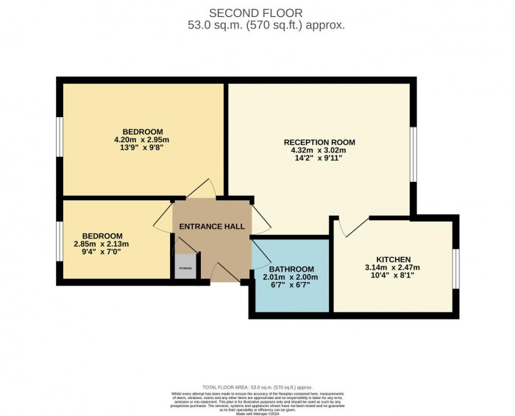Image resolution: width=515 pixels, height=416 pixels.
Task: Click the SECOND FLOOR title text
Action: point(257,13)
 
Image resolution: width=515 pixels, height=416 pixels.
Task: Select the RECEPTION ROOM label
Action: point(319,142)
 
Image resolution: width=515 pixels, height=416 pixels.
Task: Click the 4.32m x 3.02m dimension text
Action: point(319,151)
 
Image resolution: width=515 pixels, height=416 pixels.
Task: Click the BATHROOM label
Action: point(291,269)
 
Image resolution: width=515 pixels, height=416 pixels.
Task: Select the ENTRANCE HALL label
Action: point(212,226)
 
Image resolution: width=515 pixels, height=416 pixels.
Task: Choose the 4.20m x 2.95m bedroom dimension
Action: point(141,140)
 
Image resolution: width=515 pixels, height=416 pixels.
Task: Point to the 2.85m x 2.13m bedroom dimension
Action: point(102,244)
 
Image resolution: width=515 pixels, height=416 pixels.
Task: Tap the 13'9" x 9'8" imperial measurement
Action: point(141,148)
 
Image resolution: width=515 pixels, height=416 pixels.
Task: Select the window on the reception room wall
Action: point(414,154)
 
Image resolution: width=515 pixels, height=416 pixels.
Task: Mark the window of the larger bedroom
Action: point(59,137)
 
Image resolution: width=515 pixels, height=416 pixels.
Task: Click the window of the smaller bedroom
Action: point(59,241)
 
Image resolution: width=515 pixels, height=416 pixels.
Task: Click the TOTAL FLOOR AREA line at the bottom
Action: point(257,387)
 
